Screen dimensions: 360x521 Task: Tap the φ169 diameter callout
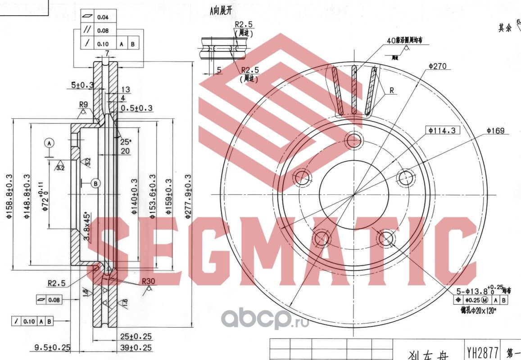(x=495, y=131)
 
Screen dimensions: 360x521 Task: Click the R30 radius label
(x=148, y=282)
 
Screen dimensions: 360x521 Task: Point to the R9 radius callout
(x=83, y=105)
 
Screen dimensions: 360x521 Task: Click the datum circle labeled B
(x=95, y=183)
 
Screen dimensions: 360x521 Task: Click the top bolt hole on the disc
(x=354, y=139)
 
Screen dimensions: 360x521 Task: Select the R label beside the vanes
(x=391, y=90)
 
